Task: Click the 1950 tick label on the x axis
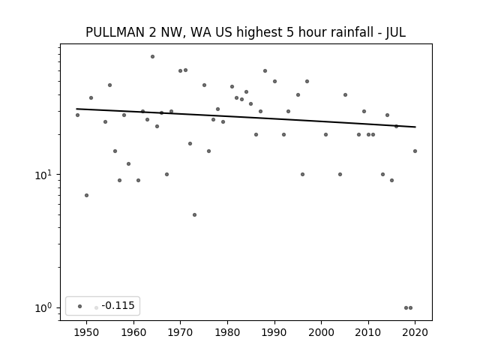pyautogui.click(x=87, y=332)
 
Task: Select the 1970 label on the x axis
pyautogui.click(x=180, y=332)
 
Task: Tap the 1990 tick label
pyautogui.click(x=274, y=332)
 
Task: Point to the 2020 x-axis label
pyautogui.click(x=415, y=332)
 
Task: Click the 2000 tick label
pyautogui.click(x=322, y=332)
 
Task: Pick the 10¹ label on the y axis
pyautogui.click(x=43, y=175)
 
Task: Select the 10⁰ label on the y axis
pyautogui.click(x=43, y=307)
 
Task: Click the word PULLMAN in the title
pyautogui.click(x=115, y=32)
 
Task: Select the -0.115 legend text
pyautogui.click(x=118, y=305)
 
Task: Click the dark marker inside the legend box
pyautogui.click(x=80, y=306)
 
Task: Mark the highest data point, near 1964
pyautogui.click(x=152, y=57)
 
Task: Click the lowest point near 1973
pyautogui.click(x=194, y=215)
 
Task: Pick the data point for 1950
pyautogui.click(x=87, y=195)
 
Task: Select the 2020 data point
pyautogui.click(x=415, y=151)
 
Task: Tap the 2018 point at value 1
pyautogui.click(x=406, y=307)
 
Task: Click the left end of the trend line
pyautogui.click(x=76, y=109)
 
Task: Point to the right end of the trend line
pyautogui.click(x=415, y=127)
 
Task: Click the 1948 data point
pyautogui.click(x=77, y=115)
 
